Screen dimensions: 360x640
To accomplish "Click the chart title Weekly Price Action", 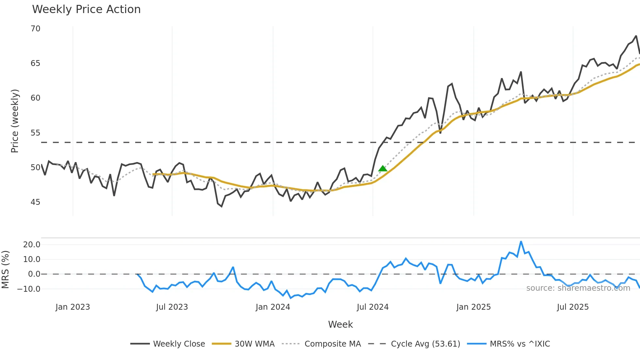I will click(x=86, y=9).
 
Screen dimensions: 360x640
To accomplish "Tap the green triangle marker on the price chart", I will click(x=383, y=169).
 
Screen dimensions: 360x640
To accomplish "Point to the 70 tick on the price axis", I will click(x=36, y=29).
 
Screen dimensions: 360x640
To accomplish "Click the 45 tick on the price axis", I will click(x=36, y=202).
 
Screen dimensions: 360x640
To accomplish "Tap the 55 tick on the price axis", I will click(x=36, y=133).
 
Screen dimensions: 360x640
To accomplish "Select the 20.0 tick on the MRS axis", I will click(x=32, y=245).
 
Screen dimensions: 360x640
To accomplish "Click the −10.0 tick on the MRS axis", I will click(x=29, y=289).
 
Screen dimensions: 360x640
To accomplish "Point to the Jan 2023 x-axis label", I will click(x=72, y=307).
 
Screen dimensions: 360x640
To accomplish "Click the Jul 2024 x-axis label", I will click(x=373, y=307).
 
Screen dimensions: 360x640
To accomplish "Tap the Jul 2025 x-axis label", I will click(x=573, y=307).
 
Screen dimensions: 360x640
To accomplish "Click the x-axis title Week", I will click(x=340, y=324).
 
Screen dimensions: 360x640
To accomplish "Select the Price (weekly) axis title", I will click(x=15, y=121).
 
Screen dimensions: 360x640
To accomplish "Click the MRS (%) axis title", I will click(x=5, y=270).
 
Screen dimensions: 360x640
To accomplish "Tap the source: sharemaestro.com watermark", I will click(x=578, y=288).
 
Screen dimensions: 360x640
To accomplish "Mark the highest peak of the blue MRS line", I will click(x=521, y=242).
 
